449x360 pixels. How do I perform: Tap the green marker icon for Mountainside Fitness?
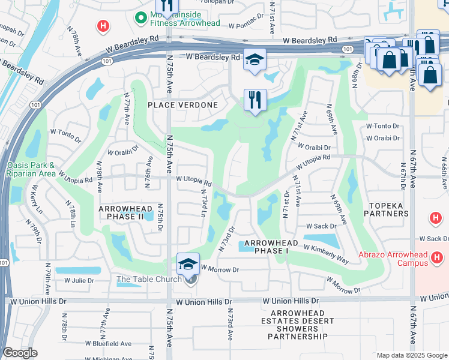[142, 18]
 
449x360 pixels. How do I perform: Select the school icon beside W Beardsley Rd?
[255, 61]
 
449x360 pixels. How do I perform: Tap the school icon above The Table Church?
[188, 263]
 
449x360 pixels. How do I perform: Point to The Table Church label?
[149, 279]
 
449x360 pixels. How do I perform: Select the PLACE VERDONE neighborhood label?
[182, 104]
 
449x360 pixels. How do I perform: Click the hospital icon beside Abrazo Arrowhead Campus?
[436, 258]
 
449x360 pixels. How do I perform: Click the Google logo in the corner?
[20, 353]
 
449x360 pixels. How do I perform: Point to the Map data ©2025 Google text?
[411, 355]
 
